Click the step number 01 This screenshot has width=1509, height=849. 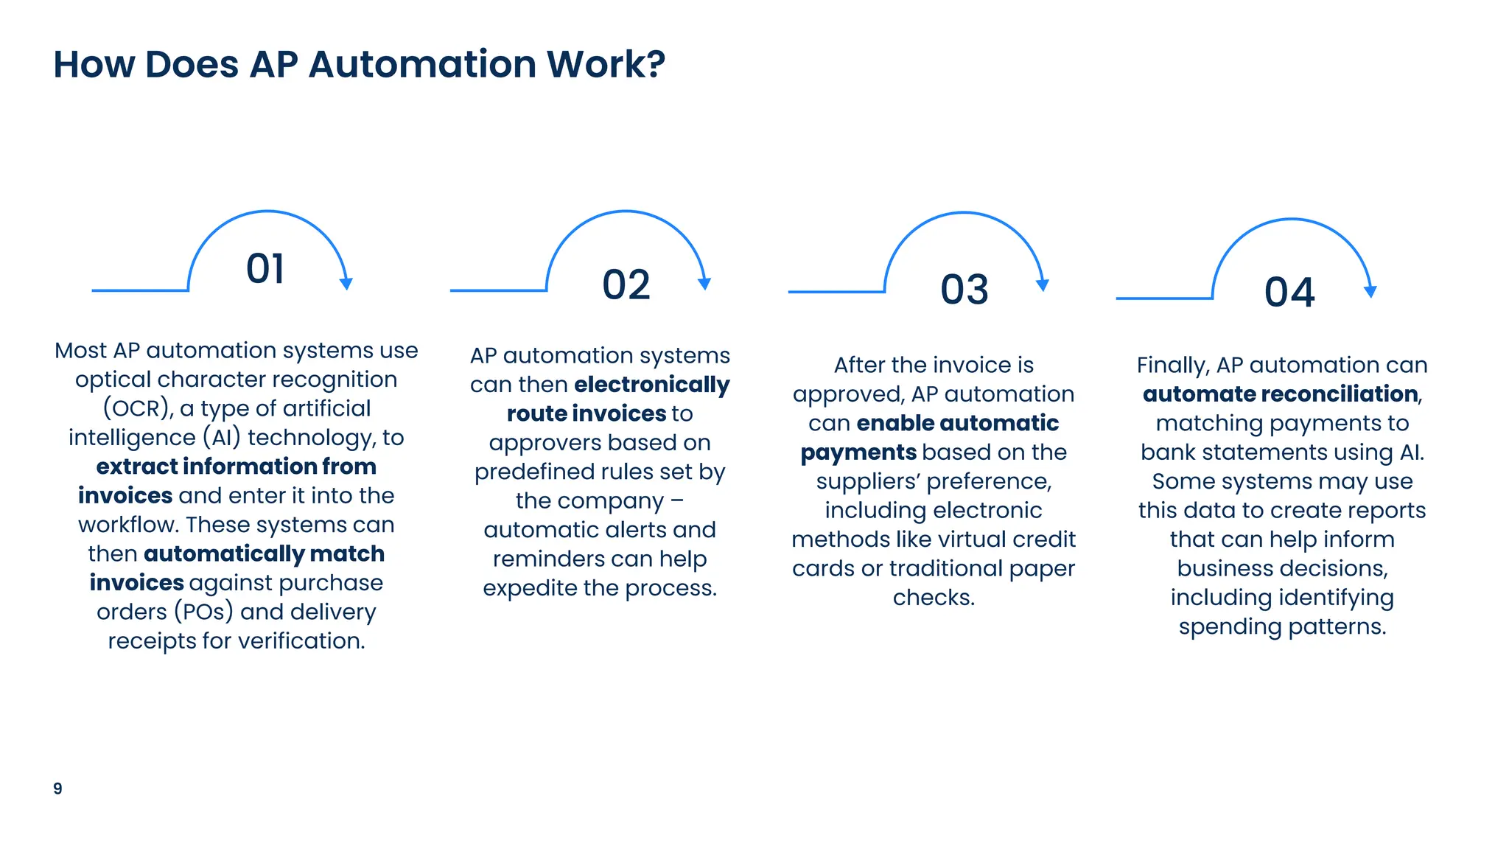click(x=265, y=269)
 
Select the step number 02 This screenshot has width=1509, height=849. click(x=626, y=285)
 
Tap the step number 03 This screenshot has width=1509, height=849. click(x=964, y=290)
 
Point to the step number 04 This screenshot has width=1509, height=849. click(x=1289, y=293)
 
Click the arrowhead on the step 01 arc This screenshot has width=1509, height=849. click(x=346, y=284)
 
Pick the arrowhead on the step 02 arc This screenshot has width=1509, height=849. click(x=704, y=284)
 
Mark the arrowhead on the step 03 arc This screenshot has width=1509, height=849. click(x=1042, y=285)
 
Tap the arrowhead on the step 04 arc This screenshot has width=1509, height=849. click(x=1370, y=292)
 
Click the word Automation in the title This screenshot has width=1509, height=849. click(x=422, y=64)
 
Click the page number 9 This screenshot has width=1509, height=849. click(x=57, y=789)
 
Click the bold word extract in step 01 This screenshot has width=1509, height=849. click(x=136, y=467)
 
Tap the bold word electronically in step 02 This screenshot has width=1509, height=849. click(x=651, y=385)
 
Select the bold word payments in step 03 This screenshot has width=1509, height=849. click(x=858, y=453)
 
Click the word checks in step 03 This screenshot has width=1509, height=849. click(x=932, y=598)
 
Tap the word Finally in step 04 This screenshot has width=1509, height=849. click(x=1172, y=366)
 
